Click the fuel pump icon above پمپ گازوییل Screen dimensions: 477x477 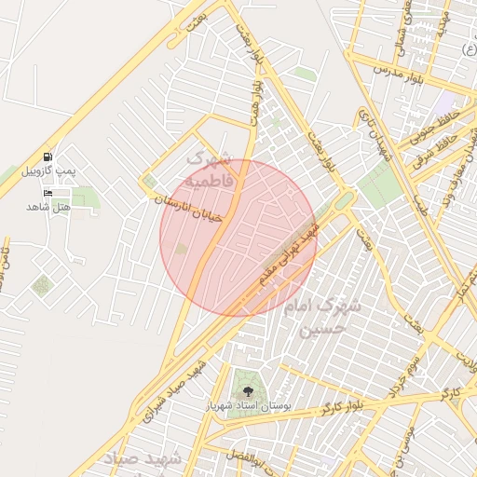48,157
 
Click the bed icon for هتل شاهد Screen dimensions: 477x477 48,192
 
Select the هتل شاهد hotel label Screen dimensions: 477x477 48,206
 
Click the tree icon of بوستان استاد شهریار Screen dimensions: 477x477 248,391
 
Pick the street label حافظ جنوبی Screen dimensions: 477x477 435,126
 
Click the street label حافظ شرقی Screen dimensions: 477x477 448,147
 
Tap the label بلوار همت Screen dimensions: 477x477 253,98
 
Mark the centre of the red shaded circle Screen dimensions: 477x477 238,238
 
